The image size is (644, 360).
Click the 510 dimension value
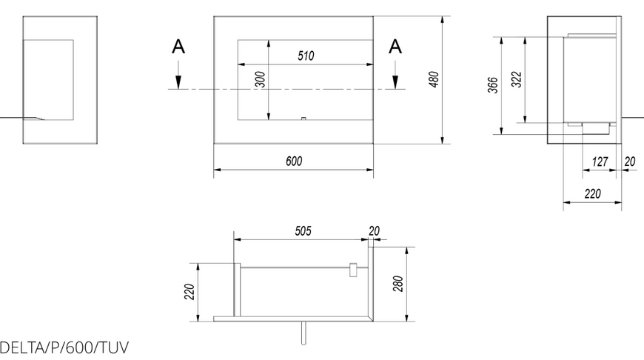306,56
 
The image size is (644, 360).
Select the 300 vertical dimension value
261,80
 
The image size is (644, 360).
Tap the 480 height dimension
434,79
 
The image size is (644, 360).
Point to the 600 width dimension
294,161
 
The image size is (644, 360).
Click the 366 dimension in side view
493,85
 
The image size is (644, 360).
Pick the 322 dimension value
516,79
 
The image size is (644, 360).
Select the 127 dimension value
600,161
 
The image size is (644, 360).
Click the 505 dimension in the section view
303,231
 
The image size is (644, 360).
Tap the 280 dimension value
398,284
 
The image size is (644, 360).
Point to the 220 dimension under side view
593,193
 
